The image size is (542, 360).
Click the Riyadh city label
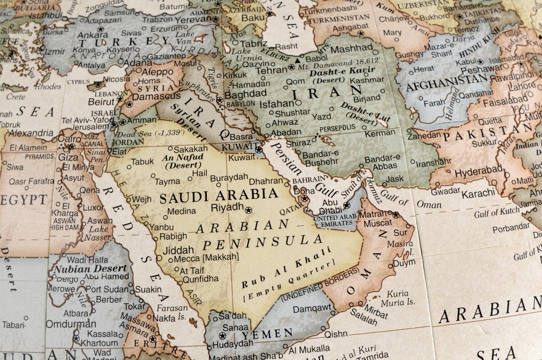(x=227, y=208)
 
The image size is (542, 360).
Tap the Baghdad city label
(x=245, y=94)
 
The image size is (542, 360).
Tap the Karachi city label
(x=479, y=194)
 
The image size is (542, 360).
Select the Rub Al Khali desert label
(x=287, y=267)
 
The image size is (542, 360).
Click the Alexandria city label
(x=31, y=133)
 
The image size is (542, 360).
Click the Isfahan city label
(x=277, y=104)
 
